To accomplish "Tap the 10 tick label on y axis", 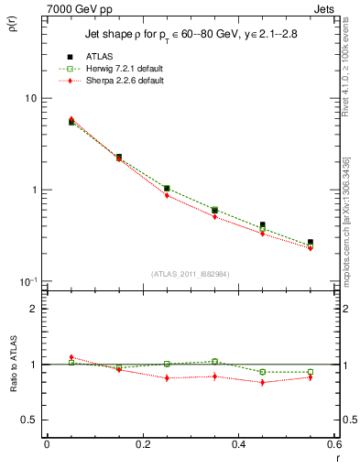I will [29, 99].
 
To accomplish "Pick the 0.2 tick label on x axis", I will [142, 445].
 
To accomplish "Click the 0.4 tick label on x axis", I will [238, 445].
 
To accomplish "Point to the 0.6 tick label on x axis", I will [334, 445].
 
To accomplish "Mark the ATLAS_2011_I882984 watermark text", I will [191, 274].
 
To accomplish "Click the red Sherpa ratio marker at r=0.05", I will [71, 357].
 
